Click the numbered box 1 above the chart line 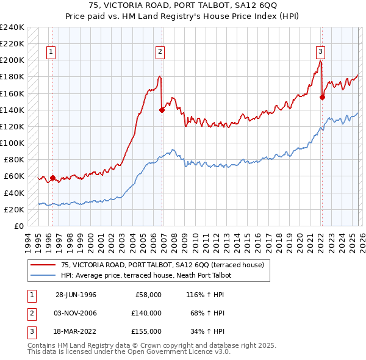click(x=51, y=52)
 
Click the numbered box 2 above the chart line click(x=160, y=52)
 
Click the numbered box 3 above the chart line click(x=320, y=52)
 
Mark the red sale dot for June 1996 click(x=52, y=178)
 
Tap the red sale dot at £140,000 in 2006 click(x=162, y=110)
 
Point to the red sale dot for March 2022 click(x=322, y=96)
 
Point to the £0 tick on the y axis click(x=19, y=226)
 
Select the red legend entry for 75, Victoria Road click(x=162, y=265)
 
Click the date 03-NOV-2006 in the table click(x=76, y=313)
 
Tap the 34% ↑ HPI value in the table click(x=207, y=331)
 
